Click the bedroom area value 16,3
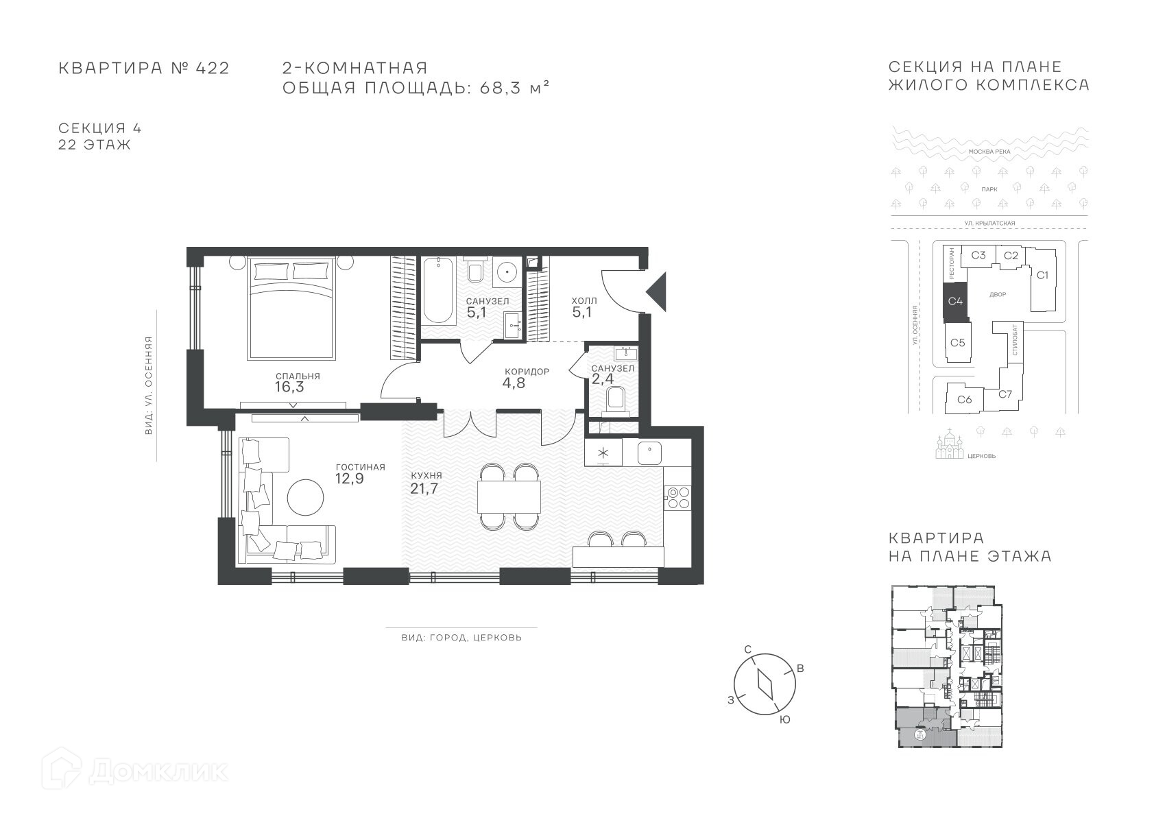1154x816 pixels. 289,387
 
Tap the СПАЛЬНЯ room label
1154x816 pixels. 298,376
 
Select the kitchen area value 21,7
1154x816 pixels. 424,488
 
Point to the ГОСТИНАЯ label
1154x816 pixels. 361,467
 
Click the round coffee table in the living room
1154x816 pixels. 306,497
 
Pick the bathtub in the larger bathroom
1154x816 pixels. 438,291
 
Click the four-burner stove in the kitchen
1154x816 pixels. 678,498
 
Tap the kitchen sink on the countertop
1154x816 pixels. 649,453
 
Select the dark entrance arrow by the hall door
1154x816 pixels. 657,292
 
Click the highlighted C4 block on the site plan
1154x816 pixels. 956,301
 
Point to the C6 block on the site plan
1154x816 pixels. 965,399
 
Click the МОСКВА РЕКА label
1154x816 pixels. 989,152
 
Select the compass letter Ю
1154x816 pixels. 784,720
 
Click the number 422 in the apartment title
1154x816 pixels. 213,69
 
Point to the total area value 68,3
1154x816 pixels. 498,88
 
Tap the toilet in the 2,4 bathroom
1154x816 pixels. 616,400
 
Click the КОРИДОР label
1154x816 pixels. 527,372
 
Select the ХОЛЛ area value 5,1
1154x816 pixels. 581,312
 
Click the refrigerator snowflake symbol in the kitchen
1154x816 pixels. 603,453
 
